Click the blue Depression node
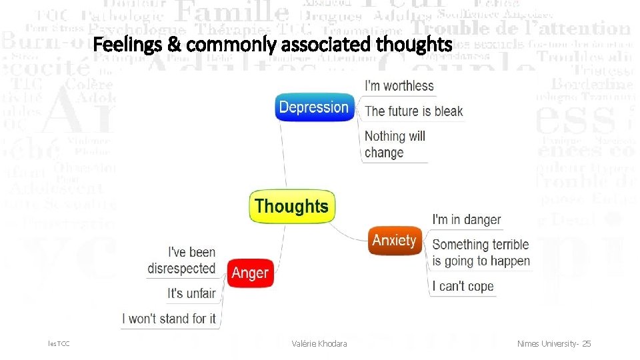pyautogui.click(x=314, y=107)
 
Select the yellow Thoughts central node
pyautogui.click(x=291, y=207)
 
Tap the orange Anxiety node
pyautogui.click(x=395, y=240)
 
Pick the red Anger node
pyautogui.click(x=250, y=273)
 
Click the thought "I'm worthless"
pyautogui.click(x=399, y=85)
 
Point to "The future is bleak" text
pyautogui.click(x=413, y=111)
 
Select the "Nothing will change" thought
pyautogui.click(x=395, y=144)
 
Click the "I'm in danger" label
pyautogui.click(x=467, y=219)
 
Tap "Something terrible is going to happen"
pyautogui.click(x=481, y=253)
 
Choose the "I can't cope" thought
pyautogui.click(x=463, y=286)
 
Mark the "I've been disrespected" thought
pyautogui.click(x=182, y=260)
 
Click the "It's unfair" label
pyautogui.click(x=192, y=293)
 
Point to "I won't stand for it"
pyautogui.click(x=169, y=319)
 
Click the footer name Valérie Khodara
pyautogui.click(x=319, y=343)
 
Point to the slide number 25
pyautogui.click(x=586, y=343)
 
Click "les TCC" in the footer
pyautogui.click(x=59, y=343)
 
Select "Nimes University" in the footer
pyautogui.click(x=547, y=343)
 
